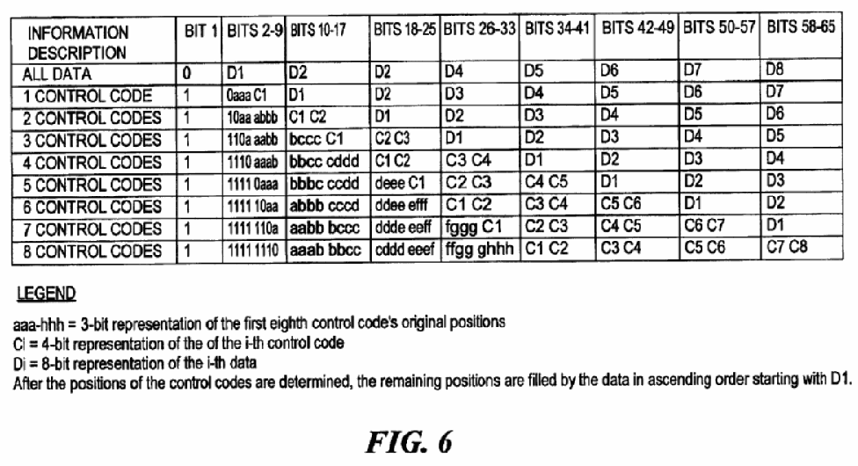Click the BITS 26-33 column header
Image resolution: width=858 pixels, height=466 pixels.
(479, 28)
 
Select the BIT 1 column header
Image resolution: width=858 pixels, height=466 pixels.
(200, 31)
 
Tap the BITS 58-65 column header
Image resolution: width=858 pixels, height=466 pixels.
(801, 26)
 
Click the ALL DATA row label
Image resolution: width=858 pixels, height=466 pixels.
(57, 74)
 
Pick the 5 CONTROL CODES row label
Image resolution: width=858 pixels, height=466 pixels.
(92, 185)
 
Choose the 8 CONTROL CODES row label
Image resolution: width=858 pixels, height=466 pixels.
(92, 251)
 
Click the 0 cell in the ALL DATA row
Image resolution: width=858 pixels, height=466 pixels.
(187, 73)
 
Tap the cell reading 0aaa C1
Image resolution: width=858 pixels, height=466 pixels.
(247, 95)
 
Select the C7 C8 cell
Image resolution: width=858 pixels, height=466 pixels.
(787, 247)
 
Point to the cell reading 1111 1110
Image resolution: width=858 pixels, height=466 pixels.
(253, 251)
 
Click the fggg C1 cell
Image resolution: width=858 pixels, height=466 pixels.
(473, 227)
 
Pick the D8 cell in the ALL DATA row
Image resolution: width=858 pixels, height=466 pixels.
(774, 69)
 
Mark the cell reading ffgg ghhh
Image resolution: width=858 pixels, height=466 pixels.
(479, 250)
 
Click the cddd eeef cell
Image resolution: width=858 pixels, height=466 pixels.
(404, 250)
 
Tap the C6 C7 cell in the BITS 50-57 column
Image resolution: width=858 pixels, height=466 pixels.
(704, 225)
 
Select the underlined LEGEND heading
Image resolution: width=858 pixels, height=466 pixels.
(46, 294)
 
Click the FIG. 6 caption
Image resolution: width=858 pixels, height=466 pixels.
(409, 441)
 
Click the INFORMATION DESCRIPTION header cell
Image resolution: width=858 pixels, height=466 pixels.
(77, 43)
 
